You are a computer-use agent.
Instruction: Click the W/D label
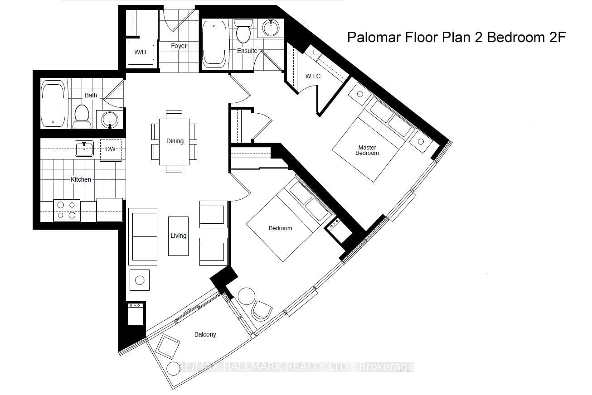click(x=140, y=53)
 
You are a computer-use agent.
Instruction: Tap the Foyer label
click(x=179, y=46)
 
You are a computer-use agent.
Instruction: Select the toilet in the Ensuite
click(x=243, y=31)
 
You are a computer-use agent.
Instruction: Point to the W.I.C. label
click(x=313, y=76)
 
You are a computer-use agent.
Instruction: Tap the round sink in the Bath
click(x=110, y=120)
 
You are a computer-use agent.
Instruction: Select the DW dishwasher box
click(x=111, y=149)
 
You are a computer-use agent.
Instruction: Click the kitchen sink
click(x=84, y=148)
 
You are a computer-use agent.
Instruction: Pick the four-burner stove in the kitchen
click(x=67, y=210)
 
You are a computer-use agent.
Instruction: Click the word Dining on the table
click(x=175, y=141)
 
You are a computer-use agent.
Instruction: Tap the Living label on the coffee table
click(x=178, y=236)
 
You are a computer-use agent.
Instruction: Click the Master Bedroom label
click(x=367, y=150)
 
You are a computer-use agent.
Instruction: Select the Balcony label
click(x=205, y=334)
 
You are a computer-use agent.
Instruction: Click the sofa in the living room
click(x=143, y=236)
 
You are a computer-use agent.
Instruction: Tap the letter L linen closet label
click(x=314, y=53)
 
